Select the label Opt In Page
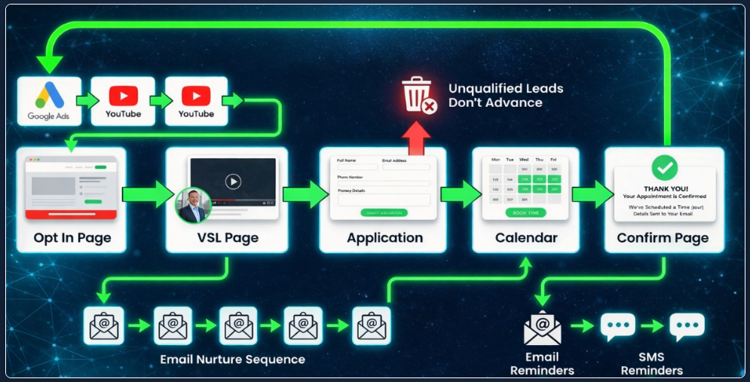[72, 238]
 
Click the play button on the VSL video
[233, 181]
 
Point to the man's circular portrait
[193, 205]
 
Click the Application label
[384, 238]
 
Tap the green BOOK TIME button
[525, 213]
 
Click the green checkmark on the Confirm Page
[664, 167]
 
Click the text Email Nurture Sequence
[233, 359]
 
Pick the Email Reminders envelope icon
[543, 328]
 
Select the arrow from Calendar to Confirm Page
[592, 194]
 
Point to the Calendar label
[526, 238]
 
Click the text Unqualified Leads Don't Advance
[505, 96]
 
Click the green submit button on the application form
[384, 213]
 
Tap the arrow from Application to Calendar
[458, 194]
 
